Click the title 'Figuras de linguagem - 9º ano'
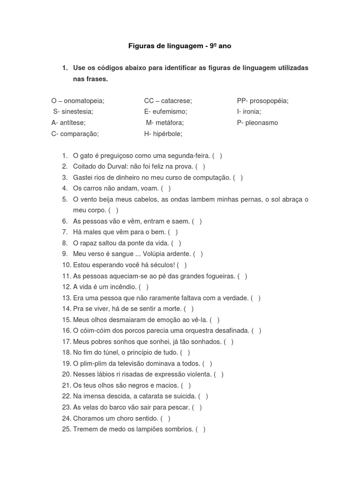(x=180, y=46)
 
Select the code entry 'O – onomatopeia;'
(x=78, y=101)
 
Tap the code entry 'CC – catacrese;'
(x=168, y=101)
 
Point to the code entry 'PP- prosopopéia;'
(x=262, y=101)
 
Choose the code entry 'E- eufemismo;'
(x=165, y=112)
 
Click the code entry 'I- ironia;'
(x=249, y=112)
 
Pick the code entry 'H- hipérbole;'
(x=163, y=134)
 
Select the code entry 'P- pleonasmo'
(x=257, y=123)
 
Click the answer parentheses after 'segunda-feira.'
(x=217, y=156)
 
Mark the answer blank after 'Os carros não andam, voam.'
(x=165, y=188)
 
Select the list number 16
(x=66, y=330)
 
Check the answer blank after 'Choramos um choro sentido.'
(x=165, y=418)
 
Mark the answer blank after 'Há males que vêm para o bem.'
(x=173, y=232)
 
